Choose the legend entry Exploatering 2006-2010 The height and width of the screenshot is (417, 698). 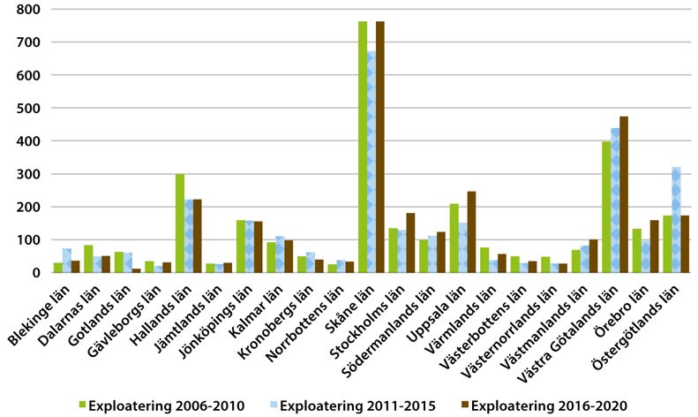(x=164, y=406)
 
